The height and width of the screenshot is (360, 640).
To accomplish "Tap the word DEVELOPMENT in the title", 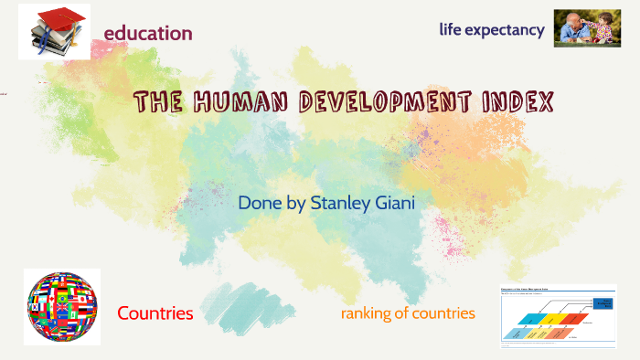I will click(389, 101).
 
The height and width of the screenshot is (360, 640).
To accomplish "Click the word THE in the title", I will click(157, 101).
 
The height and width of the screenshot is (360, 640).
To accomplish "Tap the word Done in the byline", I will click(258, 202).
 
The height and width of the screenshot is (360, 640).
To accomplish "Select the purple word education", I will click(147, 34).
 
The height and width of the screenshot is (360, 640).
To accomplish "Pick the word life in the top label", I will click(452, 29).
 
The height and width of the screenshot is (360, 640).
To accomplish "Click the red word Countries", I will click(155, 313).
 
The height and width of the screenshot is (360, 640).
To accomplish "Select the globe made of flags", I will click(61, 306).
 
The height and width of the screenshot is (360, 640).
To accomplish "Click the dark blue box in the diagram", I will click(603, 304).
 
